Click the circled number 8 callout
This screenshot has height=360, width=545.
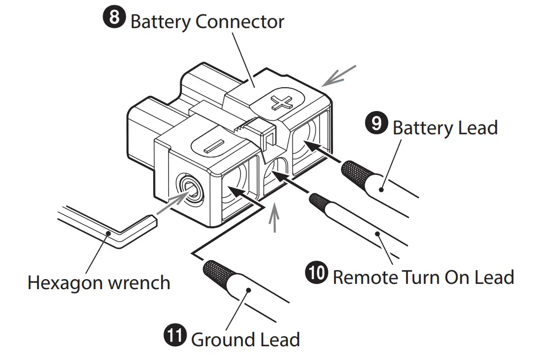114,19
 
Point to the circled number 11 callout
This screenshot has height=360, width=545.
175,336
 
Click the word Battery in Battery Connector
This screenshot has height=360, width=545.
160,22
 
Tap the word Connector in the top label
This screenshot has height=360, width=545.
239,22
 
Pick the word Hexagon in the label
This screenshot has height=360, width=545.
64,283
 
